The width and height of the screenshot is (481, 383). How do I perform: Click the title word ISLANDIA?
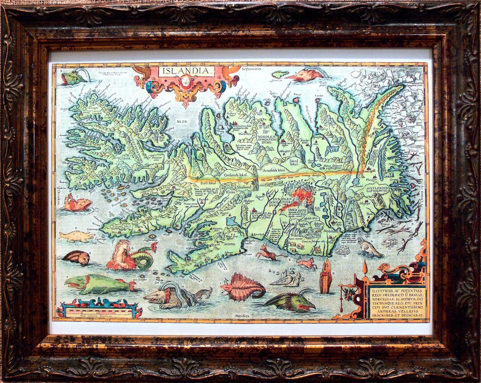[x=187, y=71]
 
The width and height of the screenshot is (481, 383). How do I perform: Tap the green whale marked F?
[x=99, y=284]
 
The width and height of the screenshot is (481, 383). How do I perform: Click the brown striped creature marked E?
[x=76, y=257]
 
